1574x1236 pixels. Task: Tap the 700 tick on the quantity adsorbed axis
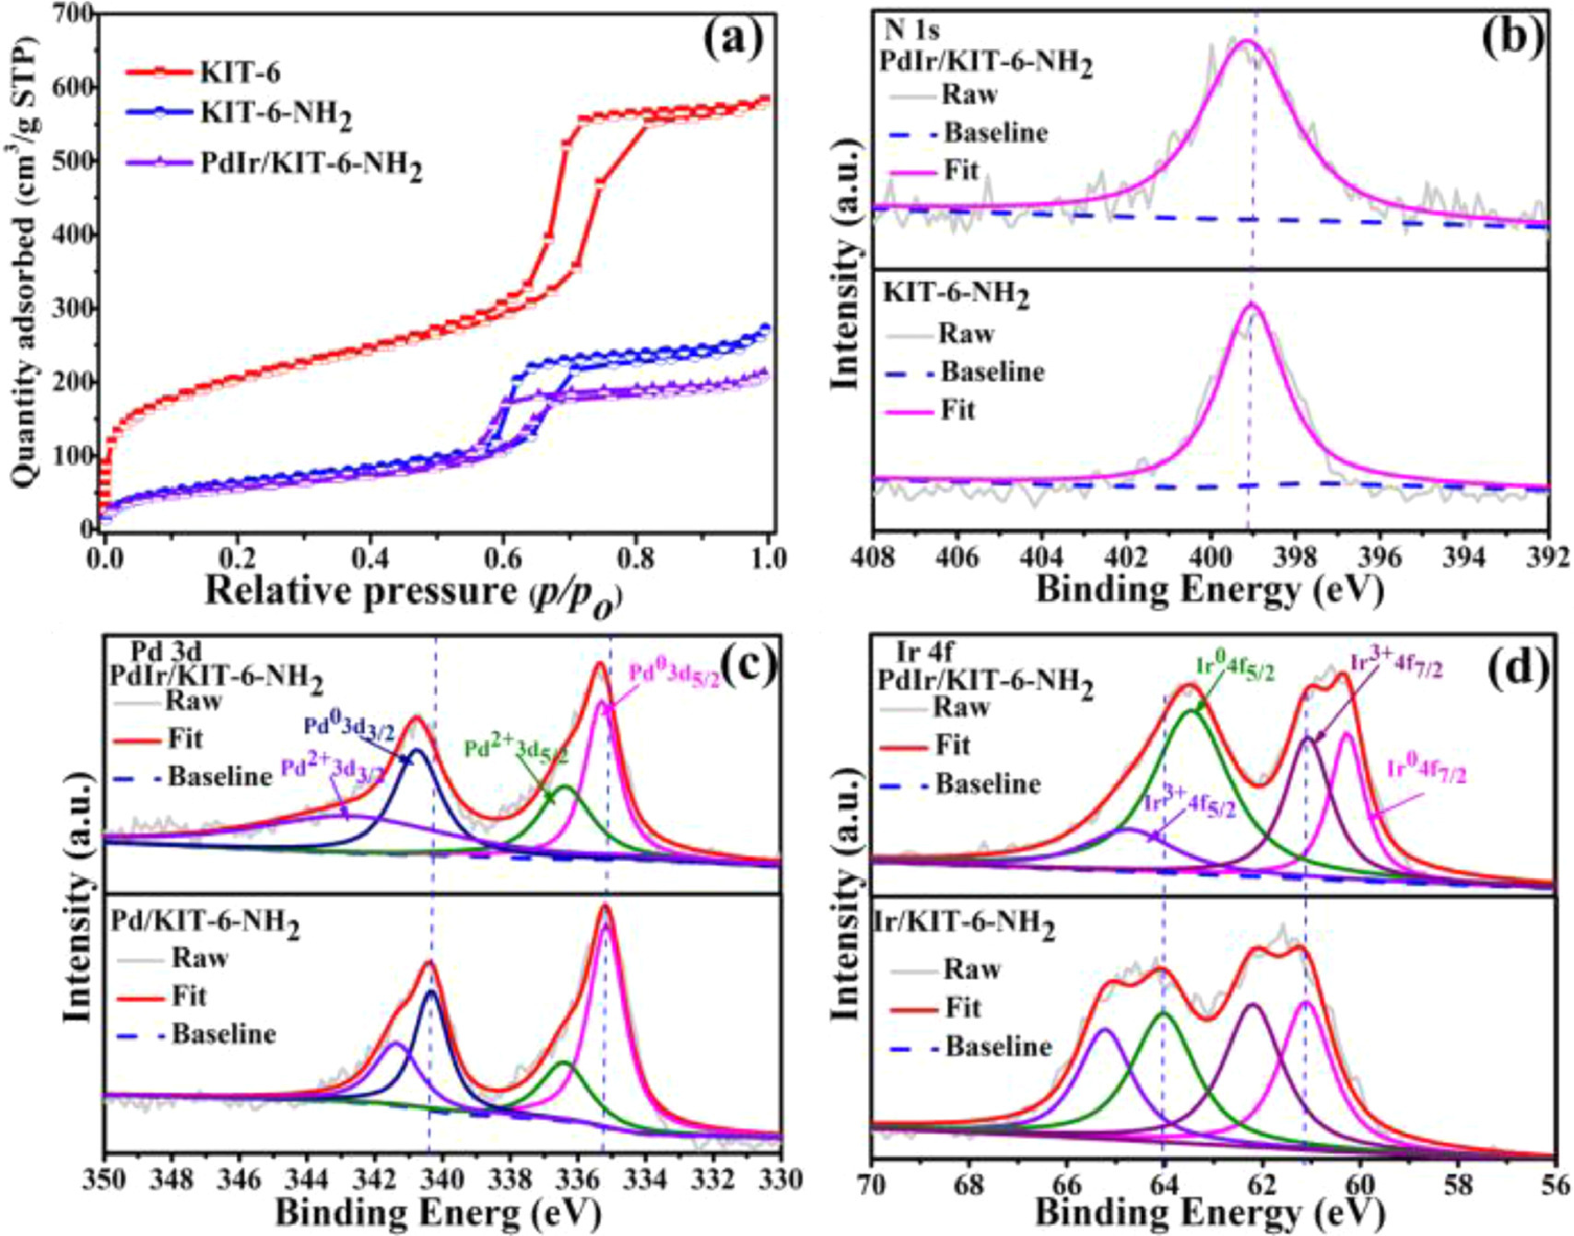click(x=74, y=15)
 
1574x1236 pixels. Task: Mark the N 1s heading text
click(x=911, y=30)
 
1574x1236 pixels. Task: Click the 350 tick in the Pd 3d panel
click(x=107, y=1180)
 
